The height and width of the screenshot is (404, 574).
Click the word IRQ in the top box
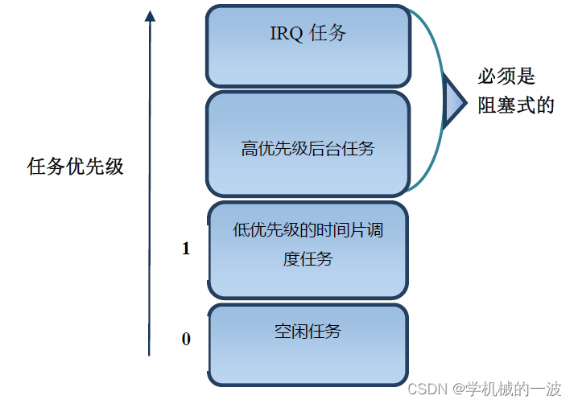pyautogui.click(x=283, y=34)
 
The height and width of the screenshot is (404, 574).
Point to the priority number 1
pyautogui.click(x=186, y=249)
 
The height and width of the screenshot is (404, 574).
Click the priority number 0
pyautogui.click(x=186, y=339)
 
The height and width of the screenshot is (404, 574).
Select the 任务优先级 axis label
pyautogui.click(x=76, y=167)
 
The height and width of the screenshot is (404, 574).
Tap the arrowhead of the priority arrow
pyautogui.click(x=150, y=14)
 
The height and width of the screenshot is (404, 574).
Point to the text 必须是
pyautogui.click(x=506, y=76)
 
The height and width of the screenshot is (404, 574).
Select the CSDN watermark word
pyautogui.click(x=427, y=390)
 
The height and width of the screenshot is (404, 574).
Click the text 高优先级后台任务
pyautogui.click(x=308, y=149)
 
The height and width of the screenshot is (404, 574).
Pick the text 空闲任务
pyautogui.click(x=308, y=331)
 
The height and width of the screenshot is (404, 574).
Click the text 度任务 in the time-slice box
pyautogui.click(x=308, y=259)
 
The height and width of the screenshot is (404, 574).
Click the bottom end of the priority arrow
pyautogui.click(x=150, y=352)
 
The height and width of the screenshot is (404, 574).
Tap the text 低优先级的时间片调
pyautogui.click(x=308, y=231)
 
